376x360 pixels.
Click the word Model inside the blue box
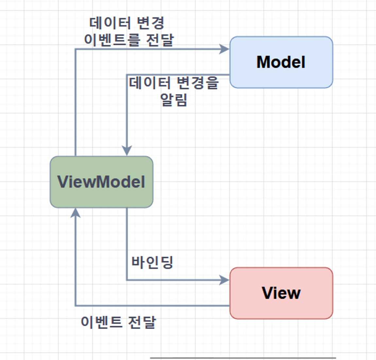pyautogui.click(x=281, y=62)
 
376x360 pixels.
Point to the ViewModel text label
pyautogui.click(x=101, y=182)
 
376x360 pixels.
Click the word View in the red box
pyautogui.click(x=281, y=293)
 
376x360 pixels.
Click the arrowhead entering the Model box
pyautogui.click(x=225, y=49)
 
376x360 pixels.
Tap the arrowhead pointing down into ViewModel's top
pyautogui.click(x=127, y=151)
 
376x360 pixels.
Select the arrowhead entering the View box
pyautogui.click(x=225, y=280)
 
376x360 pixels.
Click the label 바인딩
pyautogui.click(x=152, y=262)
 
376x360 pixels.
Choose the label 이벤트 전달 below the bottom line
pyautogui.click(x=119, y=322)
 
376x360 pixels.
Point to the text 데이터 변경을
pyautogui.click(x=174, y=83)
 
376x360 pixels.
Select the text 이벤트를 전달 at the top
pyautogui.click(x=129, y=40)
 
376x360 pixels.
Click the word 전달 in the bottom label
pyautogui.click(x=142, y=322)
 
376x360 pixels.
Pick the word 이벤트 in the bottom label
pyautogui.click(x=102, y=322)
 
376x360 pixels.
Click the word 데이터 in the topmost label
pyautogui.click(x=110, y=23)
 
